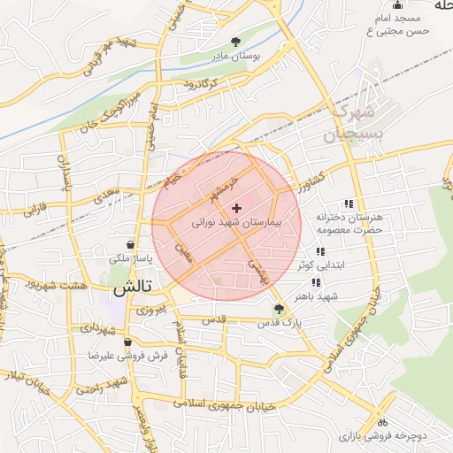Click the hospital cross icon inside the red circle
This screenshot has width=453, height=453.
236,207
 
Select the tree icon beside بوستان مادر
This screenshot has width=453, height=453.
234,41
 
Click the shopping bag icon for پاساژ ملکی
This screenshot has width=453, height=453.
131,244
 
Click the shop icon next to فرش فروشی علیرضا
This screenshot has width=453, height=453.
127,342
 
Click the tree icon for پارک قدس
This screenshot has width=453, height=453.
280,309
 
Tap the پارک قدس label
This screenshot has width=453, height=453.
280,323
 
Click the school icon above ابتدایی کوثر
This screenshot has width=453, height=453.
319,251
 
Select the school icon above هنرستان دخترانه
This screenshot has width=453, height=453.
349,203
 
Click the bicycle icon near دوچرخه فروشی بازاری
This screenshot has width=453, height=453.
381,423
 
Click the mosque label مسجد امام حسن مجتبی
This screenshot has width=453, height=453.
399,25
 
